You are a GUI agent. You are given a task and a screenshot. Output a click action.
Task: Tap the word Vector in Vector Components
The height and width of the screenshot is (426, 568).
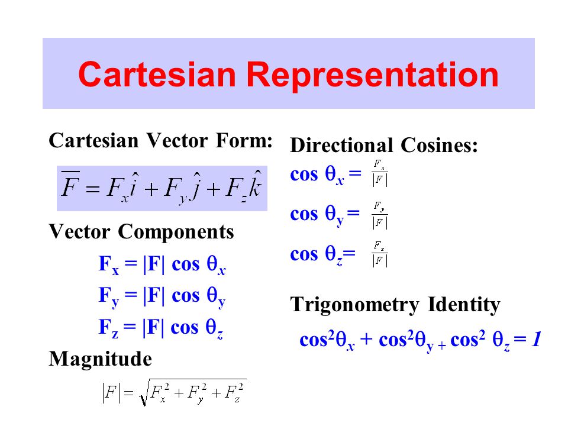click(x=81, y=231)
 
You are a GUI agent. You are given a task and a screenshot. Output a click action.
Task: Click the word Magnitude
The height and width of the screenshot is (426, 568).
click(x=100, y=359)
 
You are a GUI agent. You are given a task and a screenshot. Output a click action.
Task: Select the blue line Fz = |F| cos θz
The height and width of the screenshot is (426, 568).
click(x=160, y=328)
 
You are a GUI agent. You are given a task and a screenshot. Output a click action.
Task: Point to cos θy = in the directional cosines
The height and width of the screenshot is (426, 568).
click(x=325, y=214)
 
